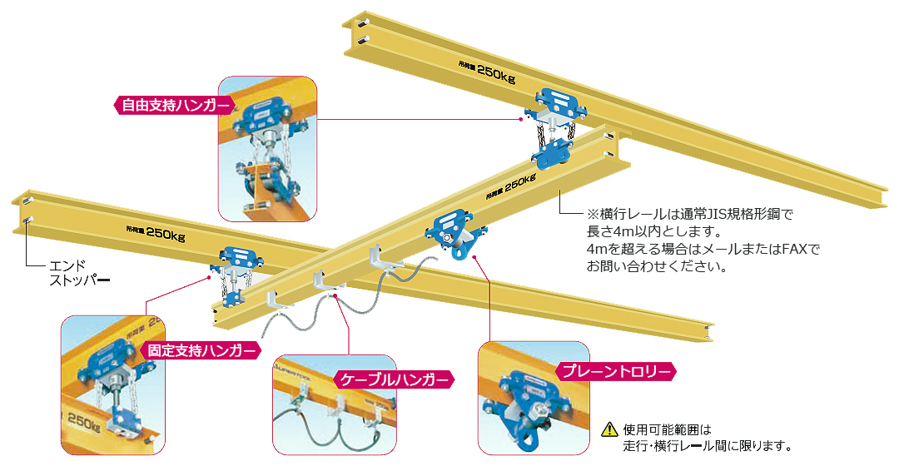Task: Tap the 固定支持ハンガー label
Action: (200, 350)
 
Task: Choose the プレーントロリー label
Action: (615, 371)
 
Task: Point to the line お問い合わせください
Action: (657, 267)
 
